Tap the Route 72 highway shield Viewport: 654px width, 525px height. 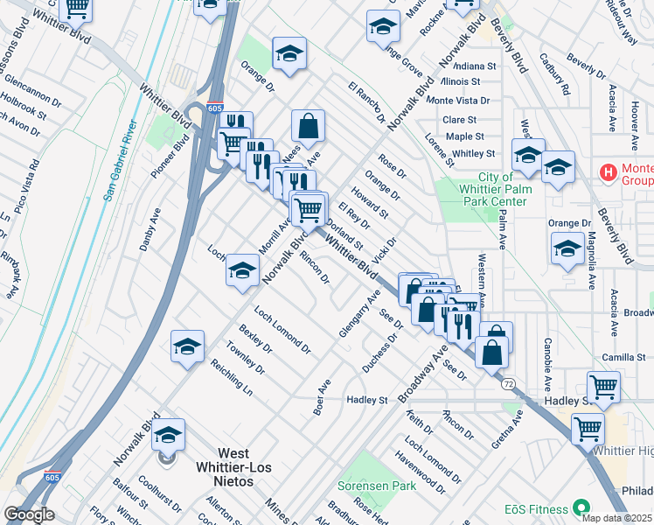(507, 384)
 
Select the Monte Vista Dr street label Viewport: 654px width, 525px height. (458, 101)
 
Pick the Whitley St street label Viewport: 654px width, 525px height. (474, 153)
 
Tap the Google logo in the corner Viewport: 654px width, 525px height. (29, 514)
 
